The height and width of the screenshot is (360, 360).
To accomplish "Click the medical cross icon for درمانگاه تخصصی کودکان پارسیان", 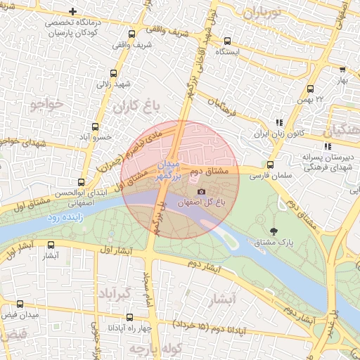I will (73, 11).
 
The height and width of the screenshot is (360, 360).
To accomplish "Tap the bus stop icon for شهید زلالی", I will (114, 72).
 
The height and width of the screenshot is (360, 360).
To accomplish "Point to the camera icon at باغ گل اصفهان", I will (202, 191).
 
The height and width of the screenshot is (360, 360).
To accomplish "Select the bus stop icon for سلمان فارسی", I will (271, 165).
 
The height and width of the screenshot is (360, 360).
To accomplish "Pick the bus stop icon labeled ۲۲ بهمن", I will (310, 89).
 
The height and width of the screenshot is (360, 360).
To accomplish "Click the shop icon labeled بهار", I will (342, 70).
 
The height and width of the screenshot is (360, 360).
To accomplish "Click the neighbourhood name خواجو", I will (46, 105).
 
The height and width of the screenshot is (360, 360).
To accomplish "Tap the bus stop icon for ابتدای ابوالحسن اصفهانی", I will (82, 182).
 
